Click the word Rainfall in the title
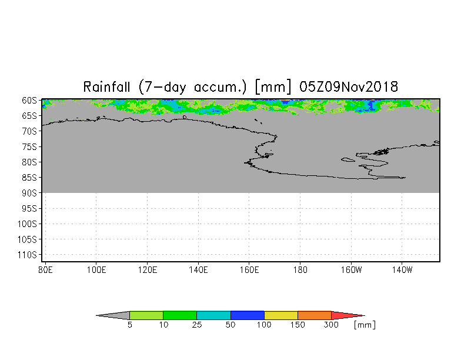pos(107,87)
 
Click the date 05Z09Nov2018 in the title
pos(349,87)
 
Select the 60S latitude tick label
pos(29,101)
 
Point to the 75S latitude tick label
pos(29,146)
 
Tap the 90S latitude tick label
pos(29,193)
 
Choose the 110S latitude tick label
pos(27,255)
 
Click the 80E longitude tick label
pos(46,269)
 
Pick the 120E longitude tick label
pos(147,269)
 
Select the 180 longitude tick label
pos(300,269)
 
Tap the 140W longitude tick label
pos(402,269)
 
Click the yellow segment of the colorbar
pos(281,315)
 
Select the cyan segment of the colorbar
pos(214,315)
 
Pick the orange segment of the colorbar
pos(315,315)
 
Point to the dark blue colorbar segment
pos(248,315)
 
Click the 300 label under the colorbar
pos(332,325)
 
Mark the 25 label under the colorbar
pos(197,325)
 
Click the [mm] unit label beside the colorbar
pos(365,325)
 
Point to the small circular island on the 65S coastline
pos(185,117)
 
